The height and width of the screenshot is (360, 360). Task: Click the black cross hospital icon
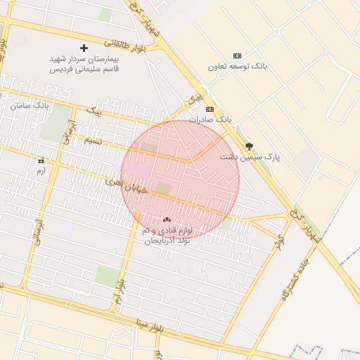(x=84, y=48)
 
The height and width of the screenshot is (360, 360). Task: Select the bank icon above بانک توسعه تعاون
(x=237, y=56)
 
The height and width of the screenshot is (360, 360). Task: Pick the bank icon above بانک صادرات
(x=209, y=109)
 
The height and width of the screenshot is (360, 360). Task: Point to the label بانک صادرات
(x=209, y=120)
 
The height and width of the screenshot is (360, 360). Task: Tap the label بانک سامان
(x=30, y=105)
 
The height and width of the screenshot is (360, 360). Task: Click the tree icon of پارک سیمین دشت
(x=249, y=146)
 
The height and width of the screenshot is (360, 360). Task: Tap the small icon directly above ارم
(x=40, y=160)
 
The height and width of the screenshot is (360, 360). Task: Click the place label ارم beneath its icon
(x=40, y=171)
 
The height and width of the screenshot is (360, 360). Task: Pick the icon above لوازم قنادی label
(x=167, y=220)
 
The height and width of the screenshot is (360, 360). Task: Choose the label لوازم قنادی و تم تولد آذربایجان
(x=167, y=236)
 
